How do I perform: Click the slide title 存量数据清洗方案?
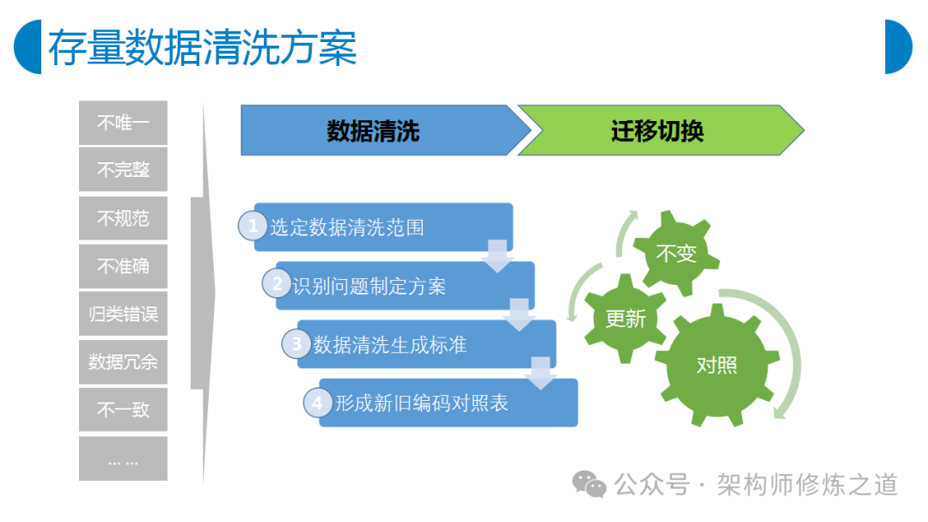[x=203, y=47]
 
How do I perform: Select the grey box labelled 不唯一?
[x=123, y=123]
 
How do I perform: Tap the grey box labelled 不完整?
[x=123, y=170]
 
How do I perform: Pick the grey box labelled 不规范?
[x=123, y=218]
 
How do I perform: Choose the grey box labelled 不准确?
[x=123, y=266]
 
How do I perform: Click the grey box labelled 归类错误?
[x=123, y=314]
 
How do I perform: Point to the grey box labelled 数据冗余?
[x=123, y=361]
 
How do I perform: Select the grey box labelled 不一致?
[x=123, y=410]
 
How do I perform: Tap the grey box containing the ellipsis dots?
[x=123, y=458]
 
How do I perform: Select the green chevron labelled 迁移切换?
[x=661, y=130]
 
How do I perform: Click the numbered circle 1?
[x=253, y=226]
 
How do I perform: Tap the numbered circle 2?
[x=277, y=284]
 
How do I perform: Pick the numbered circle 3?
[x=297, y=343]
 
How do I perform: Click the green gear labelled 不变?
[x=676, y=253]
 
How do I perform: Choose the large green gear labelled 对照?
[x=717, y=366]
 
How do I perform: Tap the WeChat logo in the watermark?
[x=589, y=484]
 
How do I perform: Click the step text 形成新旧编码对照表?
[x=422, y=404]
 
